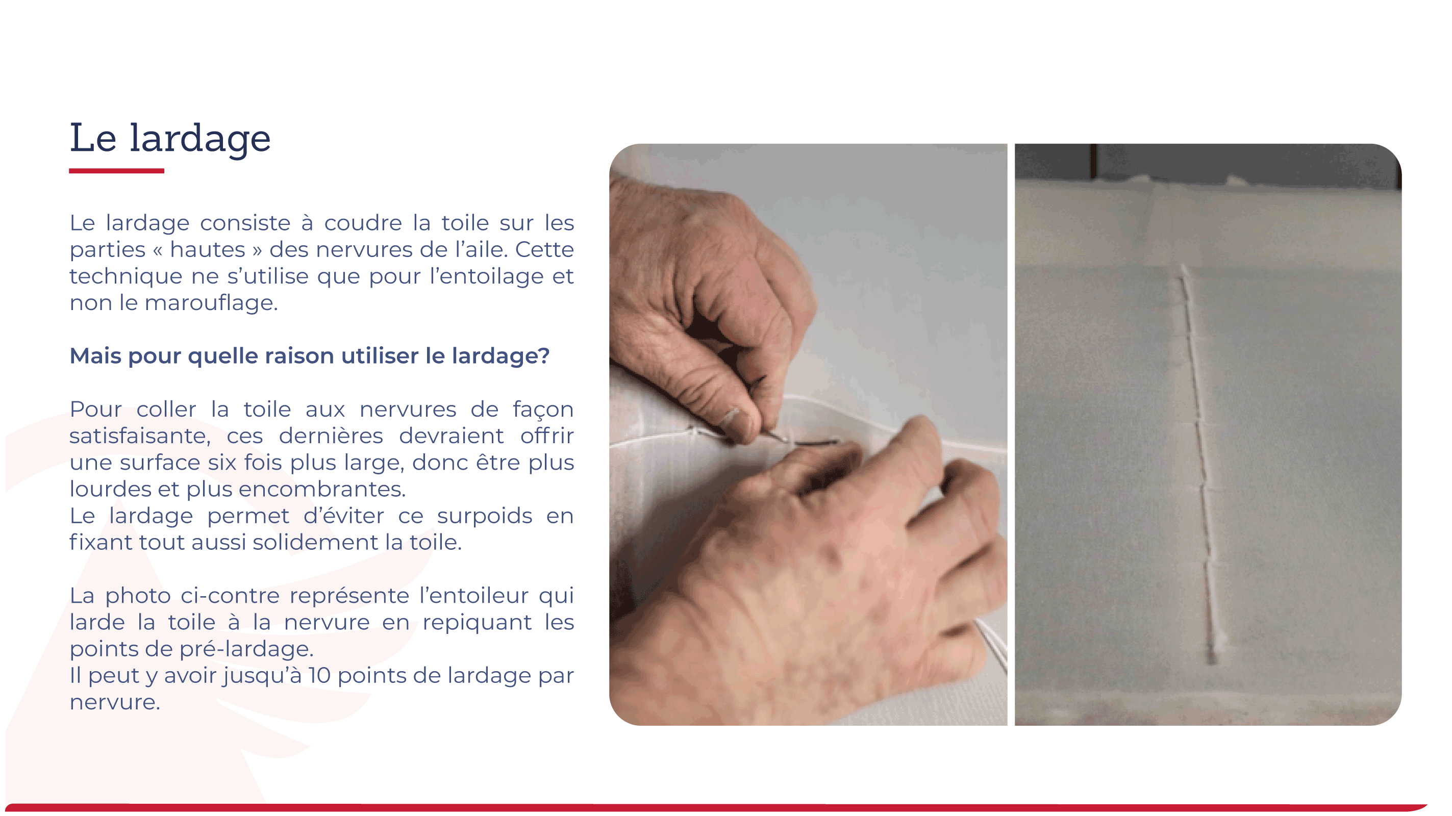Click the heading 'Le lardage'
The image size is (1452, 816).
click(x=170, y=138)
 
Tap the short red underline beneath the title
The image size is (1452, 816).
click(x=117, y=170)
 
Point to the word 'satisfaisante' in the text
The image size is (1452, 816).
click(x=138, y=436)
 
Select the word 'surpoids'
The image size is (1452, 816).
click(x=484, y=516)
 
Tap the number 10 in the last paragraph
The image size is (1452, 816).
click(x=319, y=676)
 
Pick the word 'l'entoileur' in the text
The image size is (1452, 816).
click(x=472, y=596)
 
